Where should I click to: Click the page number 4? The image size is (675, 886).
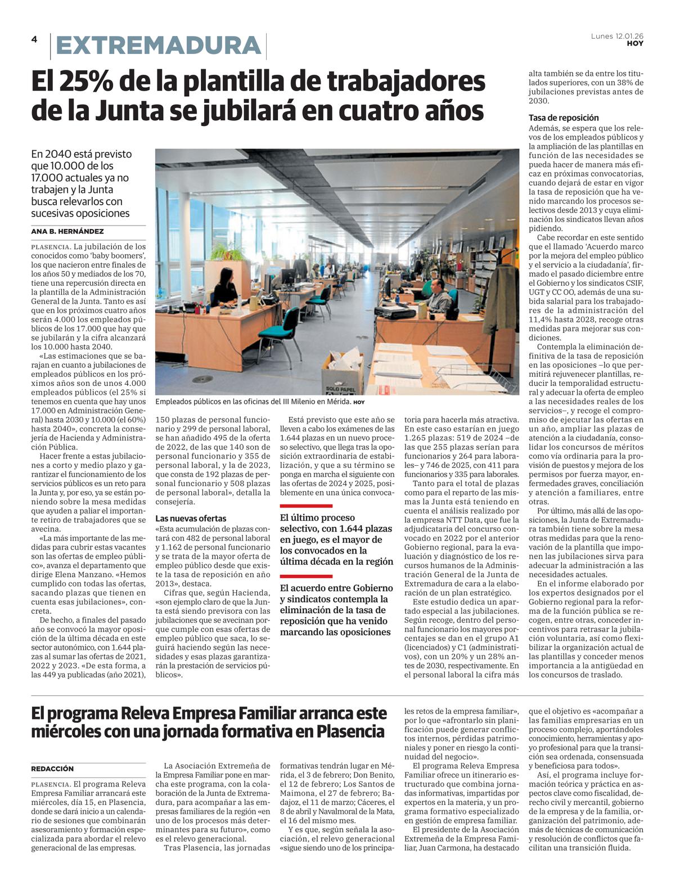tap(34, 39)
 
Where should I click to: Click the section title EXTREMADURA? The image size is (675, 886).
tap(159, 46)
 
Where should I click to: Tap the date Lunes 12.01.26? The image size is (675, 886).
tap(617, 36)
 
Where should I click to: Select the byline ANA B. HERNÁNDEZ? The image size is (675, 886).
tap(67, 231)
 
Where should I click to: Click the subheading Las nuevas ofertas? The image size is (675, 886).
tap(191, 518)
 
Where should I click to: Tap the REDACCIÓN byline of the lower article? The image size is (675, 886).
tap(52, 768)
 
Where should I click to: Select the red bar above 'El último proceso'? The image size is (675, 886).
tap(306, 506)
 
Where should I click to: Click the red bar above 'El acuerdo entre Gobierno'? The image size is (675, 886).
tap(306, 576)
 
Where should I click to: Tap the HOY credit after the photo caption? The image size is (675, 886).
tap(359, 402)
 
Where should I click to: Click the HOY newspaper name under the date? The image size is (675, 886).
tap(635, 43)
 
